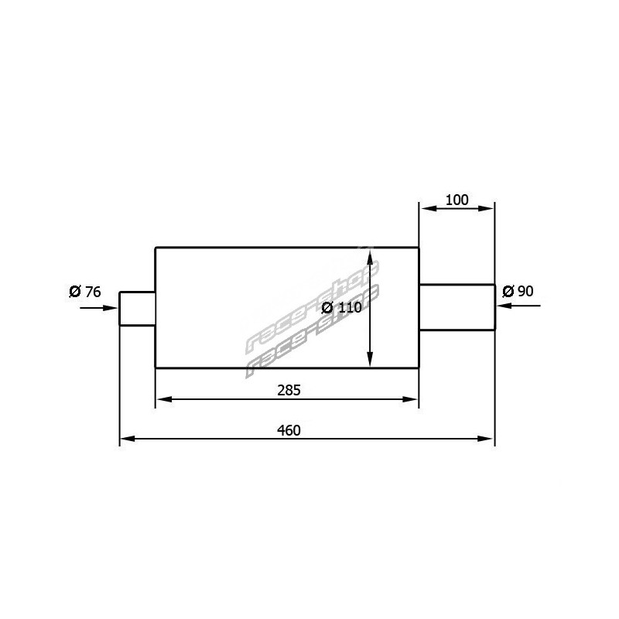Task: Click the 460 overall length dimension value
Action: (289, 430)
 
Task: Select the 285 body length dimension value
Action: (289, 390)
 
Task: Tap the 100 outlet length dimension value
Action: (457, 200)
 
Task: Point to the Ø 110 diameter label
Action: (341, 307)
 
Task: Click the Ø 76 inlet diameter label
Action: (85, 292)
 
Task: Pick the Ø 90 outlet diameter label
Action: (518, 292)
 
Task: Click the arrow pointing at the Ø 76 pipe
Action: (99, 307)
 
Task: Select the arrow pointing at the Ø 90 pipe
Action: (518, 306)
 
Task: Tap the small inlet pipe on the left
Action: (138, 309)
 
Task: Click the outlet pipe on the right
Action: (457, 306)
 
